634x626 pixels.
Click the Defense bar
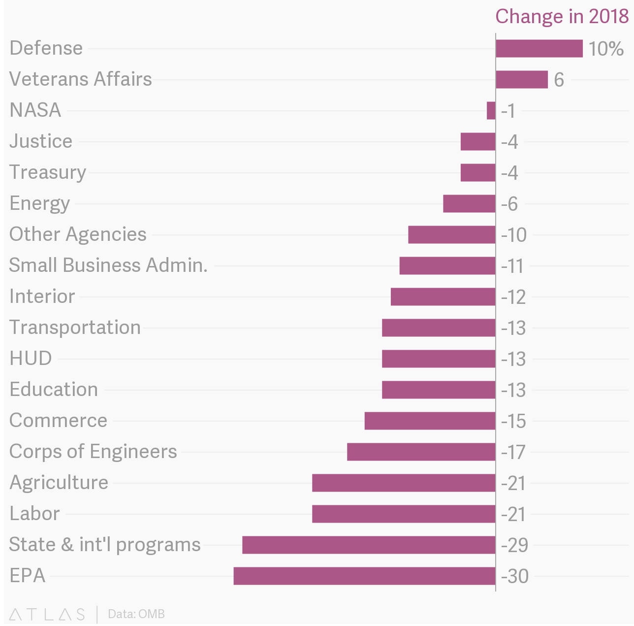click(539, 49)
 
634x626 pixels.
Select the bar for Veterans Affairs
click(522, 80)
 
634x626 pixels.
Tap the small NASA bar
click(491, 110)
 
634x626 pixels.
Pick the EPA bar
click(364, 576)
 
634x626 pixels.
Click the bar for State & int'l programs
click(369, 545)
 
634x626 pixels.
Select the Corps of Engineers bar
click(421, 452)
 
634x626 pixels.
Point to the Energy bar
click(469, 203)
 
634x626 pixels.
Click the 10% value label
click(606, 49)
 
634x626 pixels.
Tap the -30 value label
click(514, 576)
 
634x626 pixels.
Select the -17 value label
click(513, 452)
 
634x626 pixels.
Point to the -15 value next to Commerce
click(513, 421)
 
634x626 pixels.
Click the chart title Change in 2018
click(562, 16)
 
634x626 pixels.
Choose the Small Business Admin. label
click(108, 265)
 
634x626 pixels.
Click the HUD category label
click(31, 359)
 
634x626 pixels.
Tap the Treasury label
click(48, 172)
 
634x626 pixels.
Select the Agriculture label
click(59, 483)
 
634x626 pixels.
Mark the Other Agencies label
click(78, 234)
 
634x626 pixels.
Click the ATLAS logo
click(47, 614)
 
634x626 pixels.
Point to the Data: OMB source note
click(136, 614)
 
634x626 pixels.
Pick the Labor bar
click(404, 514)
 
